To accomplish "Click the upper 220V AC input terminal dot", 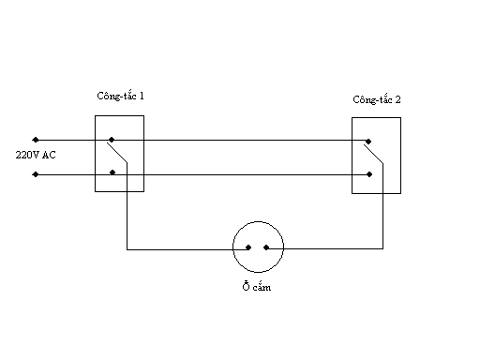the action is tap(36, 140).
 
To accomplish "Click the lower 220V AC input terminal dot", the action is tap(36, 174).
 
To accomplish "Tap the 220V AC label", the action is tap(36, 155).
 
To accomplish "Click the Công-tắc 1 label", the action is tap(120, 96).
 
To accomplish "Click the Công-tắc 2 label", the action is tap(377, 99).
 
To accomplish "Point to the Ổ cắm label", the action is tap(257, 287).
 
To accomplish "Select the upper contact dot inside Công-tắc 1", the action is tap(112, 140).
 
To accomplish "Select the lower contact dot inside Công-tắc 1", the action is tap(112, 172).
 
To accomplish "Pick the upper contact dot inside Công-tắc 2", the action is tap(368, 142).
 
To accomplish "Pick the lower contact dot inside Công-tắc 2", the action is tap(369, 174).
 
